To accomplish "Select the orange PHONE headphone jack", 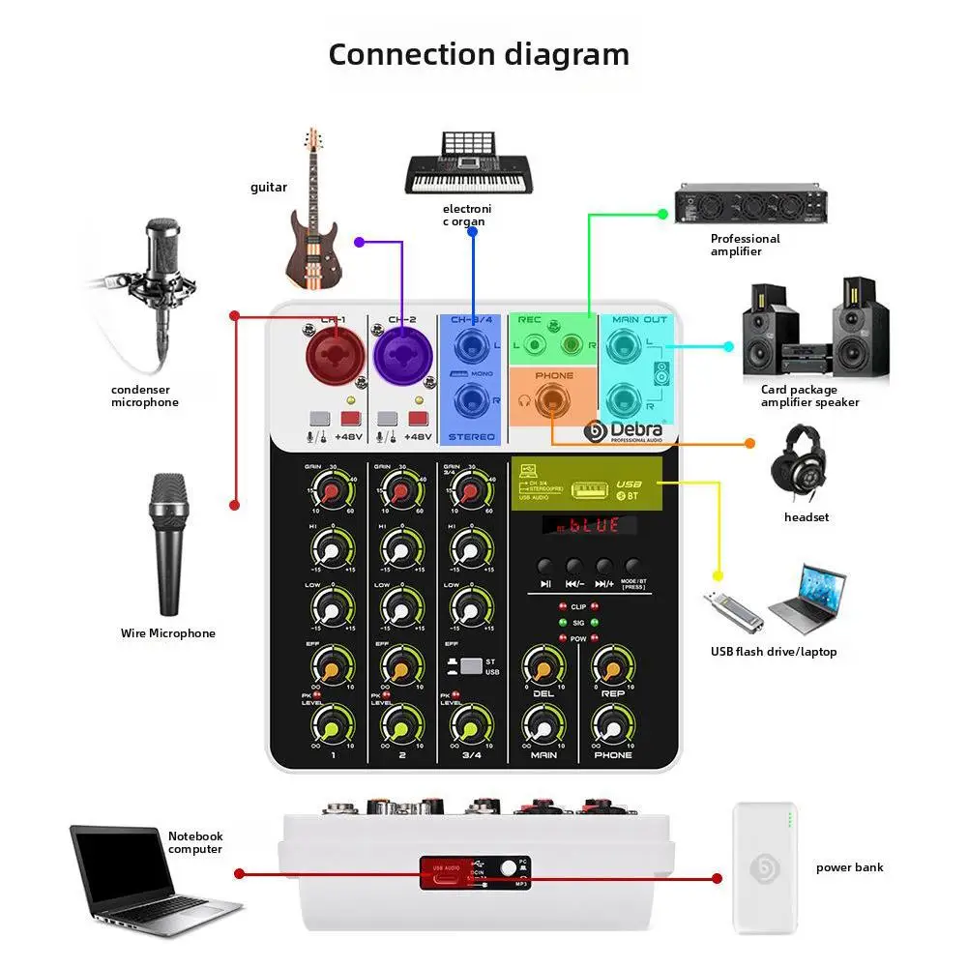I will (553, 399).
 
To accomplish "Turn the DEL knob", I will (543, 668).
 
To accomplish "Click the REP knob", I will (613, 668).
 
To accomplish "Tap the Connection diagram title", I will (479, 54).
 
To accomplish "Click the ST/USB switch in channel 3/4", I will (471, 666).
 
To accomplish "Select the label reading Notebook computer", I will (195, 842).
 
